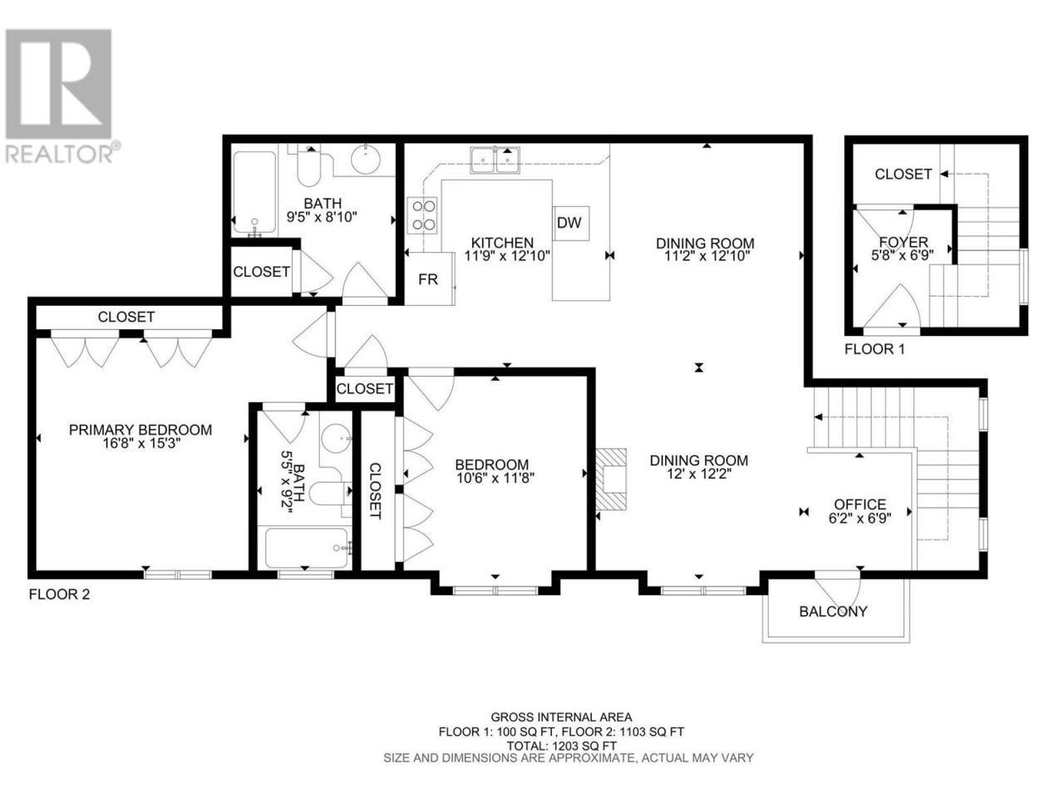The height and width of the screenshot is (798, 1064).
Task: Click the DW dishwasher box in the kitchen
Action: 572,223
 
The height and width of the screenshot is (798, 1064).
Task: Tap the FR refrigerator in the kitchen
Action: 429,278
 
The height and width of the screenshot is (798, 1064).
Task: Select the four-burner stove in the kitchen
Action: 421,215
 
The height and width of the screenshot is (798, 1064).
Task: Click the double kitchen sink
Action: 495,160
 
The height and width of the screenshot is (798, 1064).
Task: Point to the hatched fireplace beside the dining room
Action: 611,479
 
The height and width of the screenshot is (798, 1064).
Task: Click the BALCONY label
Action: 833,612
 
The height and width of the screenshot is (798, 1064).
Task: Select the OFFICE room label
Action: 860,505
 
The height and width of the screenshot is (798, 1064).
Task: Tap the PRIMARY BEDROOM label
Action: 140,430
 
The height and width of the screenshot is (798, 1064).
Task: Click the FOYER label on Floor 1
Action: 904,242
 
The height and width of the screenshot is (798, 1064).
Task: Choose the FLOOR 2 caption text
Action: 60,594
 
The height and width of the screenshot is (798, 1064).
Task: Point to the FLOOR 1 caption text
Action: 874,349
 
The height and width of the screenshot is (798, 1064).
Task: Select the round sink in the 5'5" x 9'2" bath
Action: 337,438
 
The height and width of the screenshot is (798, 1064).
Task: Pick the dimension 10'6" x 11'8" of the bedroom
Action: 495,478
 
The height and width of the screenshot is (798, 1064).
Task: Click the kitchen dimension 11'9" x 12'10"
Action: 507,256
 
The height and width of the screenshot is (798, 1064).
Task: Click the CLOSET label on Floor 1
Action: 903,174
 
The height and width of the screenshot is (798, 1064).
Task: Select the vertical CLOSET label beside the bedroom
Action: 375,490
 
